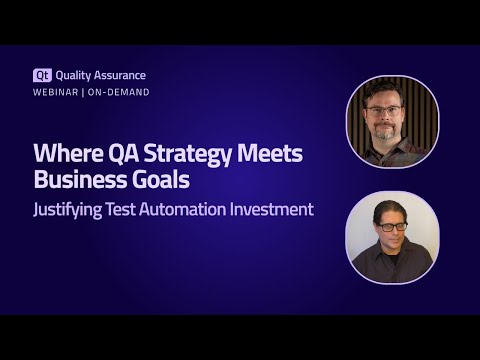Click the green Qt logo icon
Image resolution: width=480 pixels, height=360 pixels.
coord(42,75)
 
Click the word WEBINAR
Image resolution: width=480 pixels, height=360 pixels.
coord(56,92)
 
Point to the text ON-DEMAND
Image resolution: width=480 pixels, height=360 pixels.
coord(120,92)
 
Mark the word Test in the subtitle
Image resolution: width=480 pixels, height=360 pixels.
coord(141,210)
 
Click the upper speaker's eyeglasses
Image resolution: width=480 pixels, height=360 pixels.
coord(384,109)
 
